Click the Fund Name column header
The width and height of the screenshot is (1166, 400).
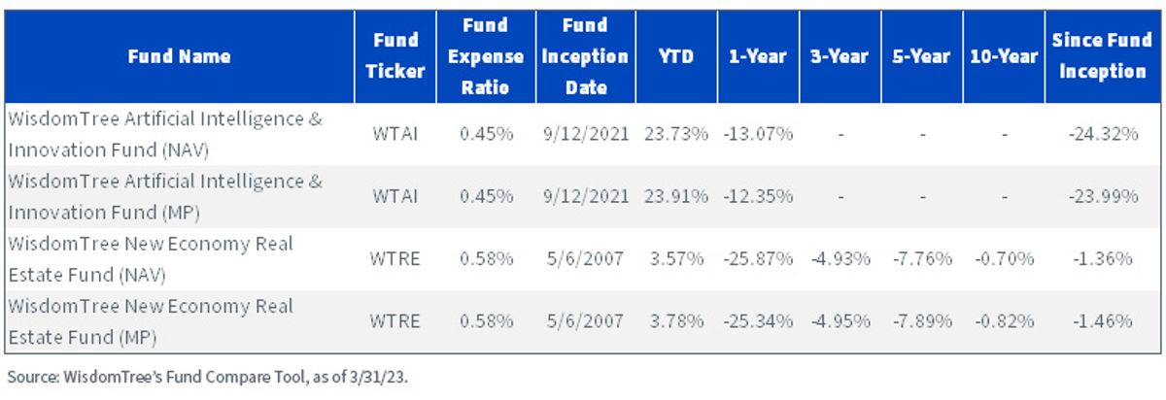point(179,56)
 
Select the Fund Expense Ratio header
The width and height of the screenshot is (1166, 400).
point(486,56)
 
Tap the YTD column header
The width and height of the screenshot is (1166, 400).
point(675,56)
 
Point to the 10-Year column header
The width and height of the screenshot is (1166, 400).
point(1004,56)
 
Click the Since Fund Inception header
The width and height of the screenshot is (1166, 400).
point(1102,55)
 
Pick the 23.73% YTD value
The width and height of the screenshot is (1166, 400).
point(676,134)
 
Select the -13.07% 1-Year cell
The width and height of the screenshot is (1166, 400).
point(758,134)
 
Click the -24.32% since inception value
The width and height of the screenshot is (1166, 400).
point(1103,134)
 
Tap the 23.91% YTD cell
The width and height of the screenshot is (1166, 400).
point(676,197)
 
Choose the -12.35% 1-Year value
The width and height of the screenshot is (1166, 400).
point(758,197)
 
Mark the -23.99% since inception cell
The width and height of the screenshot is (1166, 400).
point(1103,197)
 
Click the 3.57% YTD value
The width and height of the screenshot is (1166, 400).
point(676,259)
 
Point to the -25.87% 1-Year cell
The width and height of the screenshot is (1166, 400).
point(758,259)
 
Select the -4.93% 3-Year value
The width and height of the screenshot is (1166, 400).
point(840,259)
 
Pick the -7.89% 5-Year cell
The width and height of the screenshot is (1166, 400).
point(922,321)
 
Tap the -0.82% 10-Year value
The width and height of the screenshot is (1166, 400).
point(1004,321)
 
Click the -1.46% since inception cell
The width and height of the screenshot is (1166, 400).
point(1103,321)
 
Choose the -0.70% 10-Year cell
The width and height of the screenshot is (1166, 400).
point(1004,259)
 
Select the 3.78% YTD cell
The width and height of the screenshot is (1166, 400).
point(676,321)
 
